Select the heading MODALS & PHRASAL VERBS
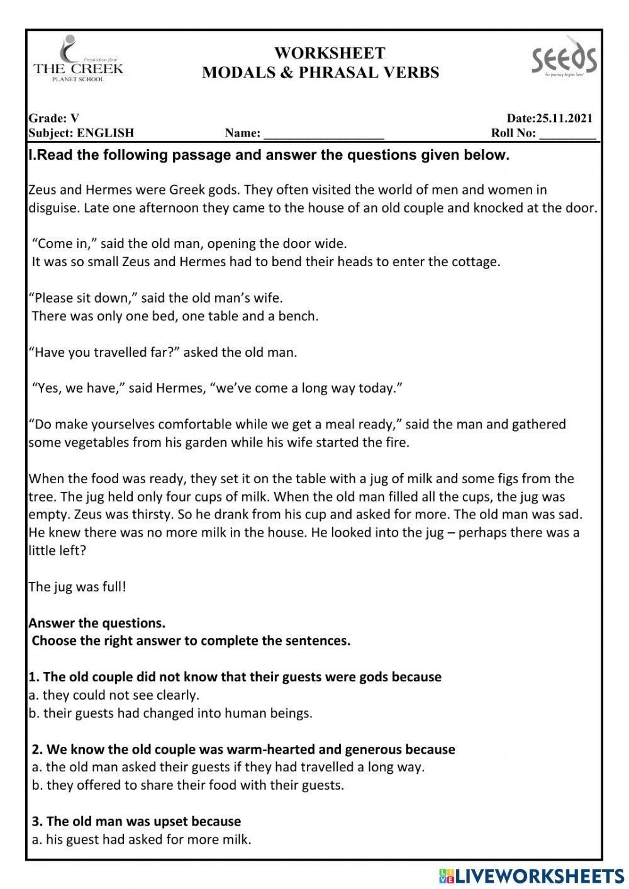click(x=321, y=73)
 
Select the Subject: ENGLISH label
click(x=81, y=133)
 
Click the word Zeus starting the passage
click(x=43, y=190)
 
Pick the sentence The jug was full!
click(x=77, y=587)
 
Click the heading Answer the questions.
click(x=97, y=623)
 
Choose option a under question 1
click(x=114, y=695)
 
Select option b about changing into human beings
click(x=170, y=713)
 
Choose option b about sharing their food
click(x=188, y=785)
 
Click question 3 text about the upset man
click(x=136, y=821)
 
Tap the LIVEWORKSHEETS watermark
click(x=531, y=875)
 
